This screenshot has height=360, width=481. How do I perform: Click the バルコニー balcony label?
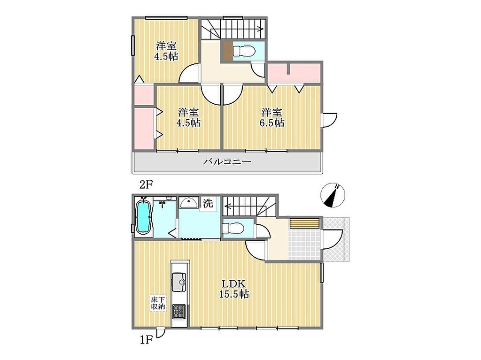pyautogui.click(x=227, y=161)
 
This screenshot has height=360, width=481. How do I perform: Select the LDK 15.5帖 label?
pyautogui.click(x=233, y=289)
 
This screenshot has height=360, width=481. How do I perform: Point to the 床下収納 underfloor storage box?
pyautogui.click(x=158, y=303)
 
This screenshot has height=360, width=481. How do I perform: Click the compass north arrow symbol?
pyautogui.click(x=333, y=195)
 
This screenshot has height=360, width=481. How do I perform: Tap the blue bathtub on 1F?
pyautogui.click(x=143, y=217)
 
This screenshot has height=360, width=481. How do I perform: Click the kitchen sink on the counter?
pyautogui.click(x=179, y=282)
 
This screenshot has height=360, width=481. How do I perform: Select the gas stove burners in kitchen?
pyautogui.click(x=179, y=311)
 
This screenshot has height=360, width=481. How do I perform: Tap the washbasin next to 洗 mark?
pyautogui.click(x=189, y=203)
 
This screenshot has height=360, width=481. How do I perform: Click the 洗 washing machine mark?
pyautogui.click(x=208, y=203)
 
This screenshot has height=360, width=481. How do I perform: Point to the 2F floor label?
pyautogui.click(x=146, y=184)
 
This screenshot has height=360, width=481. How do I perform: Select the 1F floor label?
pyautogui.click(x=146, y=340)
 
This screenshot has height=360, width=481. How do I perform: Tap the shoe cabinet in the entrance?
pyautogui.click(x=305, y=223)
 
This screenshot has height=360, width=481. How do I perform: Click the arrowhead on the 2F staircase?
pyautogui.click(x=261, y=30)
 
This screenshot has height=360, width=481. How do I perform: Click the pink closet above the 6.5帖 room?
pyautogui.click(x=294, y=73)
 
